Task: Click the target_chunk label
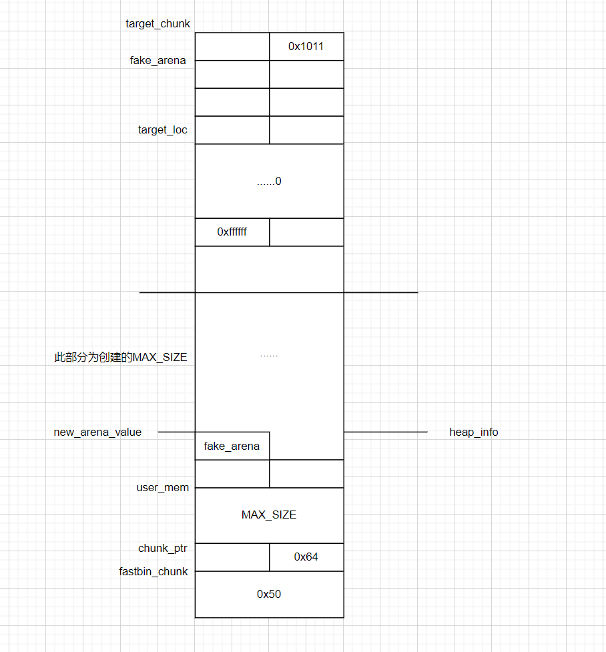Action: [x=158, y=24]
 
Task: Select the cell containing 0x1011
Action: [x=306, y=47]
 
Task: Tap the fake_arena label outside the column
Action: [x=158, y=61]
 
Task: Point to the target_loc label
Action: [x=162, y=130]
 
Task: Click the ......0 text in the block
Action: [x=269, y=182]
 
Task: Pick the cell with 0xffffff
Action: [x=232, y=232]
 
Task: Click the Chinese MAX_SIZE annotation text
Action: [x=120, y=358]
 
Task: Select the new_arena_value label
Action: [x=97, y=432]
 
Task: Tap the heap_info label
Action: [x=473, y=432]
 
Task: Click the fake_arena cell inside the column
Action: [x=232, y=446]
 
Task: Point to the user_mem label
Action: [x=162, y=488]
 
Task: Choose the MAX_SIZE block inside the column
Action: [x=269, y=515]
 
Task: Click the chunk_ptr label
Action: [x=162, y=549]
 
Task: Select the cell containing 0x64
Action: [x=306, y=557]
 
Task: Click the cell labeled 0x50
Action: [x=269, y=594]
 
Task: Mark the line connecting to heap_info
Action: [x=385, y=432]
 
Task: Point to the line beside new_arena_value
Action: [x=176, y=432]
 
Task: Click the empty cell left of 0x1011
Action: [x=232, y=47]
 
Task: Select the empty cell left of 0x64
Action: [x=232, y=557]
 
